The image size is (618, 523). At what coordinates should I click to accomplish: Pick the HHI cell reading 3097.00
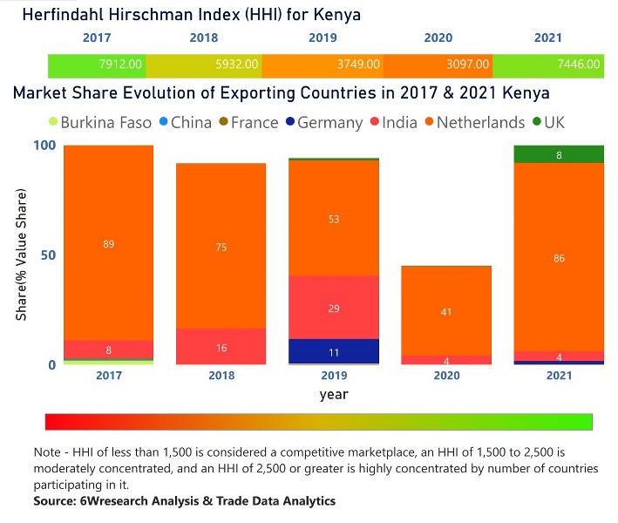click(467, 64)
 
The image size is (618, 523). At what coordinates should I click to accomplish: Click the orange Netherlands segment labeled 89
click(109, 244)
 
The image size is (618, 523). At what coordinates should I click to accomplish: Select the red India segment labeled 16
click(221, 347)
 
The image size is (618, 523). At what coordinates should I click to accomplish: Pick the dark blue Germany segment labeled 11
click(335, 352)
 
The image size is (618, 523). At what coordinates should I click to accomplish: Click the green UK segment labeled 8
click(559, 154)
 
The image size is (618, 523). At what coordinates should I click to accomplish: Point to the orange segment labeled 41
click(446, 310)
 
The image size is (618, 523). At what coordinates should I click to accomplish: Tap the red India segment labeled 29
click(335, 308)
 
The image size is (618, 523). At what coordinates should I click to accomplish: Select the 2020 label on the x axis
click(446, 376)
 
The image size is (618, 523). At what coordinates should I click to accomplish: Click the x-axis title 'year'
click(334, 394)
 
